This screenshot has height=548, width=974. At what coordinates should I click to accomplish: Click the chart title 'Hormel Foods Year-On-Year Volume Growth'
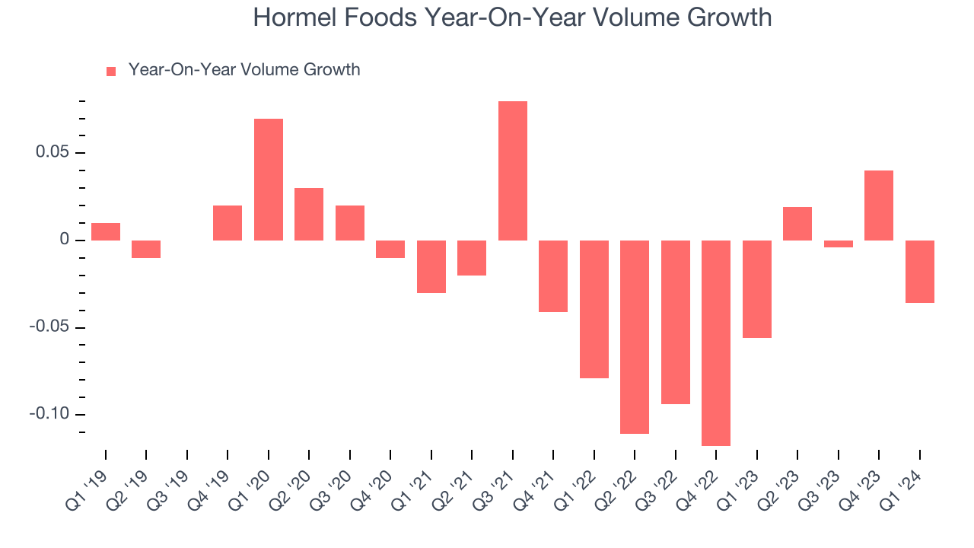(x=512, y=18)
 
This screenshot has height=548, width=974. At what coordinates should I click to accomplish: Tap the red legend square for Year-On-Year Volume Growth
(x=111, y=72)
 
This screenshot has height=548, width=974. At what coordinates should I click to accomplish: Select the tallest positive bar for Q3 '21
(x=513, y=170)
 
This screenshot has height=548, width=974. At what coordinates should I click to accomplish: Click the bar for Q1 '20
(x=269, y=179)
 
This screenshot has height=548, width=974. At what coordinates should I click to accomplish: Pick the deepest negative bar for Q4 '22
(x=716, y=342)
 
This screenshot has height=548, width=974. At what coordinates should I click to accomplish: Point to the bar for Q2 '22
(x=635, y=336)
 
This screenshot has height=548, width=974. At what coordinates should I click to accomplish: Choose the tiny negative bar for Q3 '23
(x=839, y=244)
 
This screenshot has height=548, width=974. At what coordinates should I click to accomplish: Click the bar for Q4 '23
(x=879, y=205)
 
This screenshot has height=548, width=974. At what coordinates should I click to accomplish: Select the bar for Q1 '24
(x=920, y=272)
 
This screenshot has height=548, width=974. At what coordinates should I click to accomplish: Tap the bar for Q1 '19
(x=106, y=231)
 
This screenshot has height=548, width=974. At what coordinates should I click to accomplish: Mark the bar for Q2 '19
(x=146, y=249)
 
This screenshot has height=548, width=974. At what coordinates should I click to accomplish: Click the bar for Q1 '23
(x=757, y=288)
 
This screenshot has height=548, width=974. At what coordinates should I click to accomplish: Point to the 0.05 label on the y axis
(x=53, y=151)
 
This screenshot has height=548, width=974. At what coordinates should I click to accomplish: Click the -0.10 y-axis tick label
(x=49, y=413)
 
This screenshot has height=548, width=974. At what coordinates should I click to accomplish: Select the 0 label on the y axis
(x=65, y=239)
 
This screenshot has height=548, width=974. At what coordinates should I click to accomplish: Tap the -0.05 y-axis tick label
(x=49, y=327)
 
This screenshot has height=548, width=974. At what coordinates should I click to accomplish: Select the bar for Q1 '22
(x=594, y=309)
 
